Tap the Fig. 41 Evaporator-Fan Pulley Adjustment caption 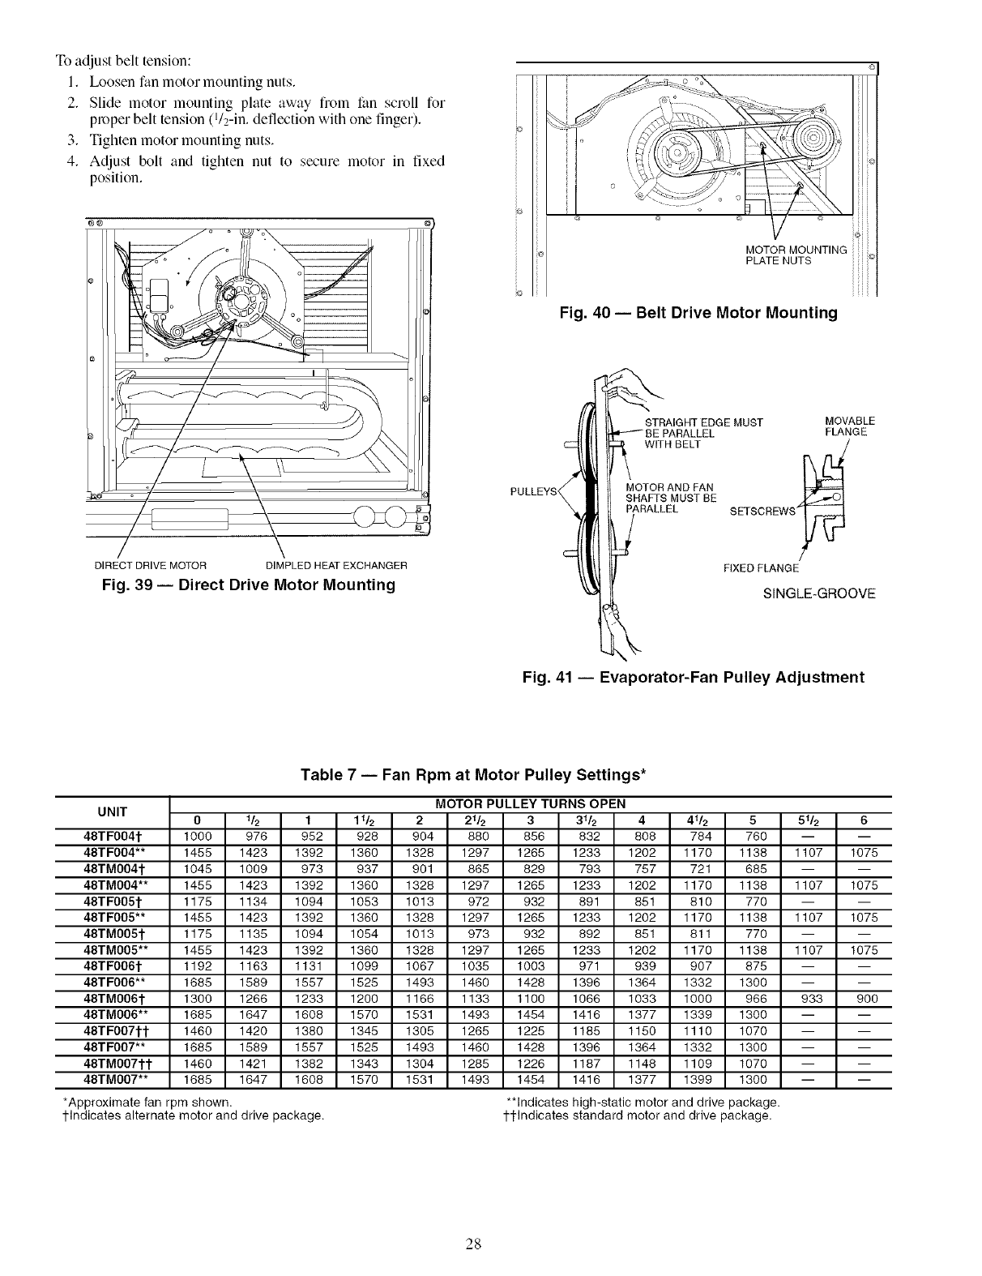(x=694, y=677)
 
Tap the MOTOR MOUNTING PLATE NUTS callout (x=796, y=255)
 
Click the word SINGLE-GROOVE (x=819, y=593)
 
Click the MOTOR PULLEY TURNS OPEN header (x=531, y=803)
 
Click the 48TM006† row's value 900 (x=865, y=999)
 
